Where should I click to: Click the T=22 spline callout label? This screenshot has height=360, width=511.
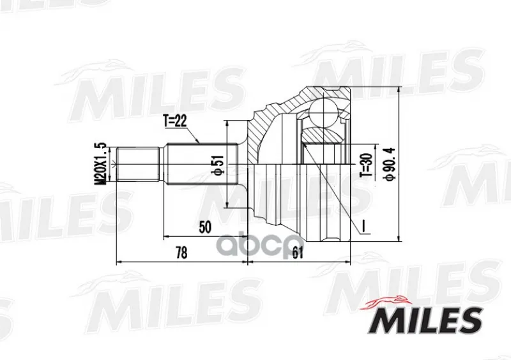(175, 121)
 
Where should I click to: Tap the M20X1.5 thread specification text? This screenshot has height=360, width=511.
(101, 164)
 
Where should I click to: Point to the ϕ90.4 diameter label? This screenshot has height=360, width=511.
(390, 163)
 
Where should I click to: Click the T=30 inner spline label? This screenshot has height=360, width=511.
(366, 165)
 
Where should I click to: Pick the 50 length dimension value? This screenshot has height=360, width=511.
(205, 227)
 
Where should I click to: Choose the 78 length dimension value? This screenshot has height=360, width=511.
(181, 253)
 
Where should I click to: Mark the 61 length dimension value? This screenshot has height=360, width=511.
(297, 253)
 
